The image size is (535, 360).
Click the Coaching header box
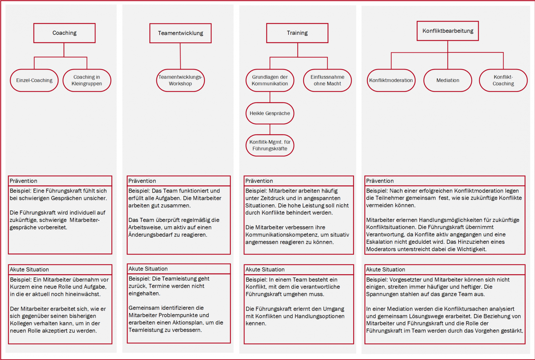point(64,33)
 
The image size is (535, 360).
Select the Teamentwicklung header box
point(180,33)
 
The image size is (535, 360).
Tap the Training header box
point(297,33)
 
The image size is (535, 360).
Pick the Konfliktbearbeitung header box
point(447,31)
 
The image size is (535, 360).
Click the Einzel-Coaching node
point(34,80)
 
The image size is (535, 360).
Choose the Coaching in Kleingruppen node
point(87,80)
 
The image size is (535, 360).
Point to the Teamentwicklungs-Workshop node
point(180,80)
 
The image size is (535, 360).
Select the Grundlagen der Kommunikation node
point(270,80)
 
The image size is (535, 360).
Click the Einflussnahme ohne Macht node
point(327,80)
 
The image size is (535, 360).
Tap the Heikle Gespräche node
point(270,113)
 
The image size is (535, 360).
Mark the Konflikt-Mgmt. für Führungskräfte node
point(270,145)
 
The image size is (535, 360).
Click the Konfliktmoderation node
point(391,80)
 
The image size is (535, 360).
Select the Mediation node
point(447,80)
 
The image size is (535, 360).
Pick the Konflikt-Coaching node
point(503,80)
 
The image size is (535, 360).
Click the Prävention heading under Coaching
point(23,181)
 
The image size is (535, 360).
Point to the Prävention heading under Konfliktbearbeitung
point(380,181)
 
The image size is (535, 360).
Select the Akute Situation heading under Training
point(265,269)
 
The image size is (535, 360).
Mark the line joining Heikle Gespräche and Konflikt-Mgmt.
point(270,129)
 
